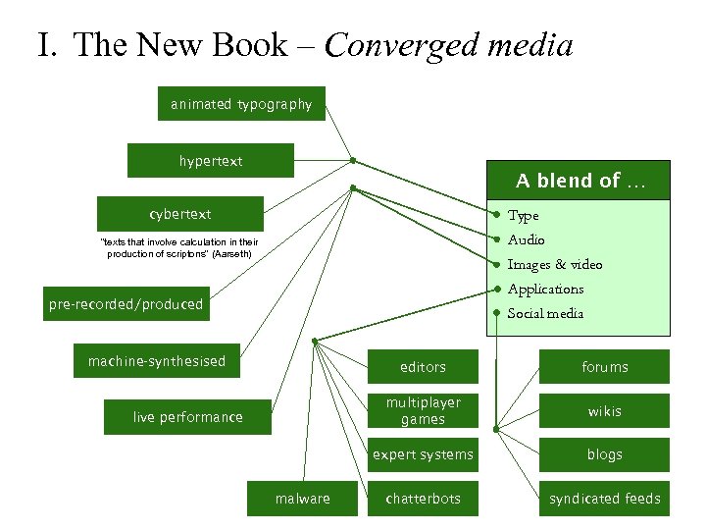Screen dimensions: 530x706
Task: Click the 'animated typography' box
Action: (x=241, y=104)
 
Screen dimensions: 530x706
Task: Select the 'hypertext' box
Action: (x=210, y=161)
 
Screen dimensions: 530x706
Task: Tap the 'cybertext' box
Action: (x=179, y=214)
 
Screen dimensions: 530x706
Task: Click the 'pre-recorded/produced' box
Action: (x=126, y=304)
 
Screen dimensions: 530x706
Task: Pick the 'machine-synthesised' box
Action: (x=157, y=361)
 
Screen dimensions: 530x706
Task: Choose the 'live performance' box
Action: (x=187, y=417)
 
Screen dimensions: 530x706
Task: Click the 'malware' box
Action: (x=303, y=499)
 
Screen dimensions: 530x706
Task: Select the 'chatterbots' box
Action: (x=423, y=499)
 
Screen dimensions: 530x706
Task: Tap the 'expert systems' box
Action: (x=423, y=454)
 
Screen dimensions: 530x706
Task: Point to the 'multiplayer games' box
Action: (x=423, y=411)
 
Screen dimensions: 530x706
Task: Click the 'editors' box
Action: (x=423, y=367)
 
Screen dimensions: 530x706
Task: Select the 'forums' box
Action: (x=604, y=367)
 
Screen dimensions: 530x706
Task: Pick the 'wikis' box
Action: (x=604, y=411)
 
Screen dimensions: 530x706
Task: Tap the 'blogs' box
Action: (x=604, y=454)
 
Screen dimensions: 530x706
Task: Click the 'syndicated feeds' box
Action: (x=604, y=499)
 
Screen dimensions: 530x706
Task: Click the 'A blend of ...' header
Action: (x=580, y=181)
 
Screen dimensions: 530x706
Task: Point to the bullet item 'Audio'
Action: (x=527, y=239)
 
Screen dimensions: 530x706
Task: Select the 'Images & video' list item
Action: (x=555, y=264)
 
